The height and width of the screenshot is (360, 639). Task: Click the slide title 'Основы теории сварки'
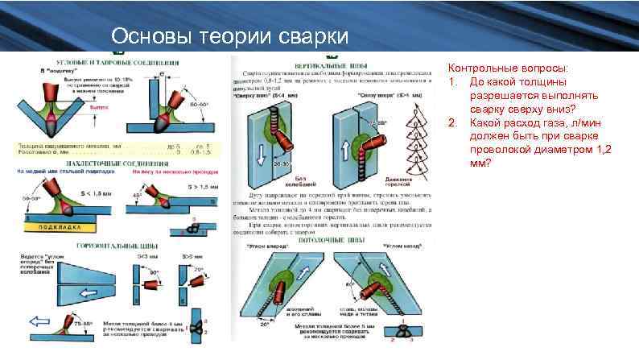pos(230,37)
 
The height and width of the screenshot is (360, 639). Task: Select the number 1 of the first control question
pos(453,82)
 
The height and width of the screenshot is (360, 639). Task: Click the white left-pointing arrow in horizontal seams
pos(41,320)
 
